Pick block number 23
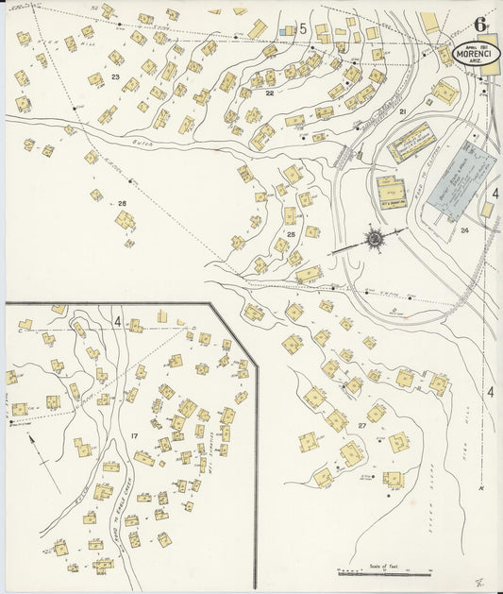click(115, 76)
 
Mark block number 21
click(402, 112)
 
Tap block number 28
click(122, 203)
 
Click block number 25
click(292, 232)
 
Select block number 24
click(464, 229)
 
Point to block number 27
click(361, 425)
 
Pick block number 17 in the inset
click(136, 435)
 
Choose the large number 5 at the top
click(303, 28)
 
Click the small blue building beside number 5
click(286, 30)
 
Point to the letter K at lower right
click(481, 487)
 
